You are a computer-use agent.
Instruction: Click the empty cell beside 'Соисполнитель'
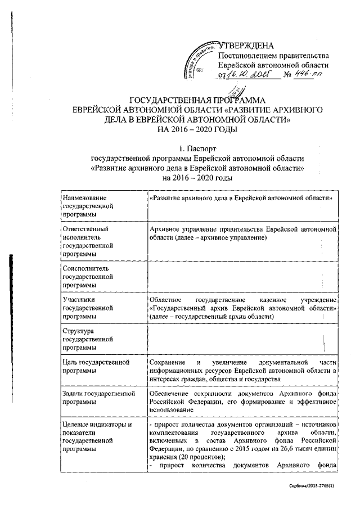(x=242, y=277)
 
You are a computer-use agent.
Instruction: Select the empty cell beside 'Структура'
(x=242, y=340)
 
